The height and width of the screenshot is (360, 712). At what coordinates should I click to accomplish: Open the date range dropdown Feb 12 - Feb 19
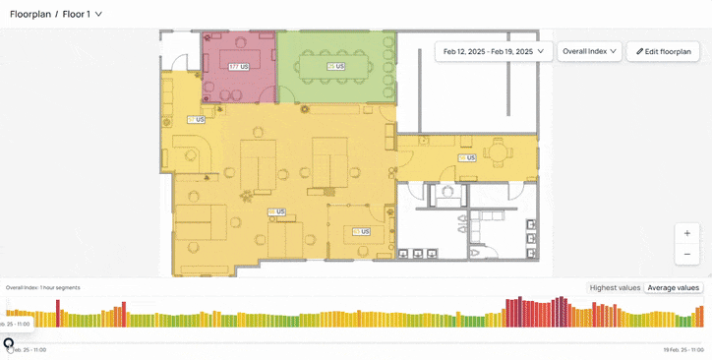[x=493, y=51]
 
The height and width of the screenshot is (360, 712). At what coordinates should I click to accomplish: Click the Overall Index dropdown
[x=589, y=51]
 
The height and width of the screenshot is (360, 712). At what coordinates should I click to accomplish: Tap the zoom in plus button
[x=687, y=233]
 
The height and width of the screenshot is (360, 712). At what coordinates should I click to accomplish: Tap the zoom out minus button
[x=687, y=254]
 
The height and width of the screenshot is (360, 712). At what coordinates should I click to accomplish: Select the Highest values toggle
[x=615, y=288]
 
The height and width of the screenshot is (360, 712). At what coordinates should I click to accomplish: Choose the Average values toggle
[x=673, y=288]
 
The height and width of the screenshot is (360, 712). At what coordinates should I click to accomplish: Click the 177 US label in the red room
[x=238, y=67]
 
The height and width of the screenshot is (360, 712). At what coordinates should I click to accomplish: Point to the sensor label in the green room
[x=336, y=67]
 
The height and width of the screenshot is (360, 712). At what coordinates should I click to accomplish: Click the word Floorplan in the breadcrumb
[x=30, y=14]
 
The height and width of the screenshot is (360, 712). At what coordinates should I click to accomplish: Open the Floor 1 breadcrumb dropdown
[x=83, y=14]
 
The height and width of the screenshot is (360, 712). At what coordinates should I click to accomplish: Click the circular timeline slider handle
[x=9, y=343]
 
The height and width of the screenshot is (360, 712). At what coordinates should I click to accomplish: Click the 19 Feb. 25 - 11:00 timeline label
[x=684, y=350]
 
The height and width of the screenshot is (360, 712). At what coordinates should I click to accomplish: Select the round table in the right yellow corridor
[x=498, y=152]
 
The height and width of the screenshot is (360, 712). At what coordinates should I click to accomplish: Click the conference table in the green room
[x=336, y=67]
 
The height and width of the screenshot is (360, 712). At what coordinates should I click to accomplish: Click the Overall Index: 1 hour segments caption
[x=43, y=288]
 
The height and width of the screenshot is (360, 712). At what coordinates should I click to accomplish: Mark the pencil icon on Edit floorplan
[x=640, y=51]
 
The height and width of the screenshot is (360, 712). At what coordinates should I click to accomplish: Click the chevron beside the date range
[x=540, y=51]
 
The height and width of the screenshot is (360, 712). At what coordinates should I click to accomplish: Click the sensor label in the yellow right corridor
[x=466, y=157]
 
